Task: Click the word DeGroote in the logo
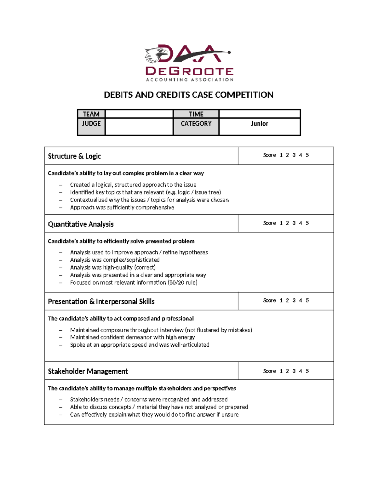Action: click(189, 71)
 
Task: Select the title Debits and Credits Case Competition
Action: click(189, 95)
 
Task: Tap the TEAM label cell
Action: click(91, 114)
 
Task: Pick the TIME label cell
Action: click(196, 114)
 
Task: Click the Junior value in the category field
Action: click(260, 124)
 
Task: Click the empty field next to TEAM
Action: click(139, 114)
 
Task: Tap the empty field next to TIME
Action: click(260, 114)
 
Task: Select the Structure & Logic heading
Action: click(74, 156)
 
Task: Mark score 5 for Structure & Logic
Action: click(307, 155)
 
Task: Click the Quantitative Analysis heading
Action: click(81, 224)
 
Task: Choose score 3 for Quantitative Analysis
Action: click(294, 223)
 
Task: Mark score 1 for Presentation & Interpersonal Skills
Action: click(281, 301)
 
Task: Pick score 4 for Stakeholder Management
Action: click(301, 371)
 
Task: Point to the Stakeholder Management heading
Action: click(88, 372)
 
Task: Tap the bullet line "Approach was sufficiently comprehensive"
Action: click(122, 208)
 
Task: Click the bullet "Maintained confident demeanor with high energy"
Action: click(132, 337)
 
